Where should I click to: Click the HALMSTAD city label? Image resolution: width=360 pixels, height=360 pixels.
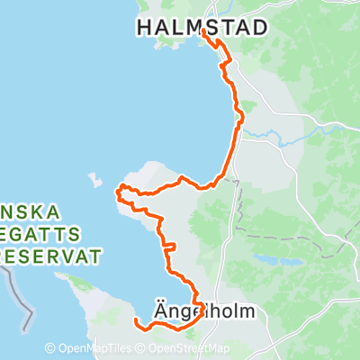[202, 29]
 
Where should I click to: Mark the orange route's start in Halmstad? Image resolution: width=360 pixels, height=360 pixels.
[203, 32]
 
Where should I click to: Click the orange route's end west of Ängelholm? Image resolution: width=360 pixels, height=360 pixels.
[135, 320]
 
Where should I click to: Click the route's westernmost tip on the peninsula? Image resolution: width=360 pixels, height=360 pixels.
[118, 190]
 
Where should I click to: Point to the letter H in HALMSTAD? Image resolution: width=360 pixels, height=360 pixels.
[145, 29]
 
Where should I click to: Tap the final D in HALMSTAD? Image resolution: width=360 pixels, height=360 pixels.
[260, 29]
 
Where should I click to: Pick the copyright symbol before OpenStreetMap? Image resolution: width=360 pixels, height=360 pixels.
[141, 348]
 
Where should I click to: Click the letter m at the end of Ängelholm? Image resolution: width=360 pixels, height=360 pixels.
[247, 312]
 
